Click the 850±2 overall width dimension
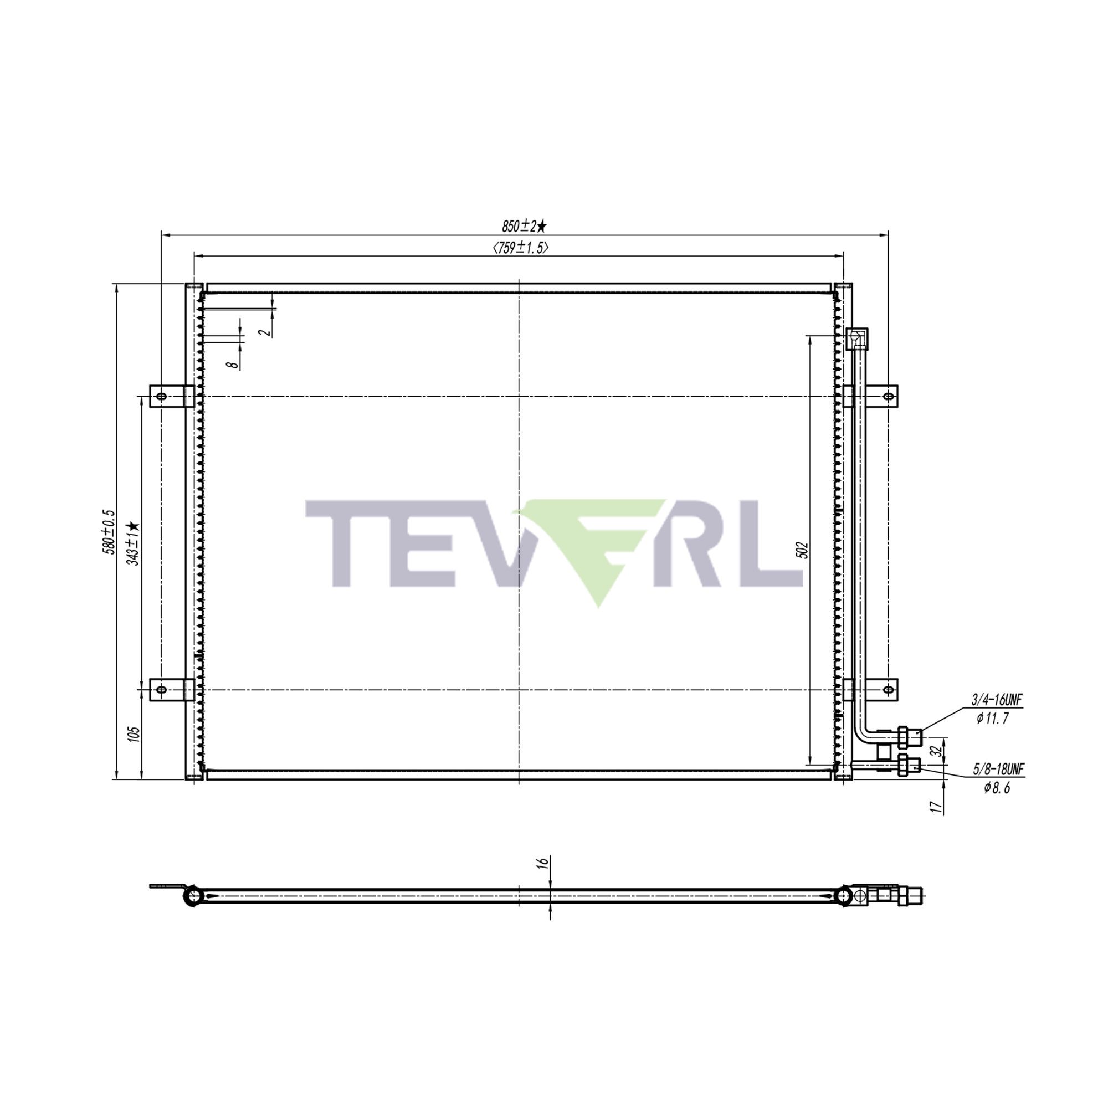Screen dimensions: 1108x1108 [524, 226]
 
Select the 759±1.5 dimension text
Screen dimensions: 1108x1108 [520, 248]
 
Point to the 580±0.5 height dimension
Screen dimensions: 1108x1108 [109, 532]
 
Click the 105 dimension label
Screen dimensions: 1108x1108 [134, 735]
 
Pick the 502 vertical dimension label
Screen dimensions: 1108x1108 [803, 550]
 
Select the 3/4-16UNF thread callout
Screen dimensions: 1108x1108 [997, 700]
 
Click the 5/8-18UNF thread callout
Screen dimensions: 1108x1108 [998, 768]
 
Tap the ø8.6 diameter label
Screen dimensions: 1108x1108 [997, 788]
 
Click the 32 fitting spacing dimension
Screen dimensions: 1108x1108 [935, 751]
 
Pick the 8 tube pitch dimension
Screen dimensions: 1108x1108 [232, 364]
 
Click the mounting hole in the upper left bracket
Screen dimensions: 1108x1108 [162, 396]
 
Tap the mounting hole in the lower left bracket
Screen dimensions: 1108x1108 [162, 689]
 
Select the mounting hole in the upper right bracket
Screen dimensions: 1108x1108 [888, 396]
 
